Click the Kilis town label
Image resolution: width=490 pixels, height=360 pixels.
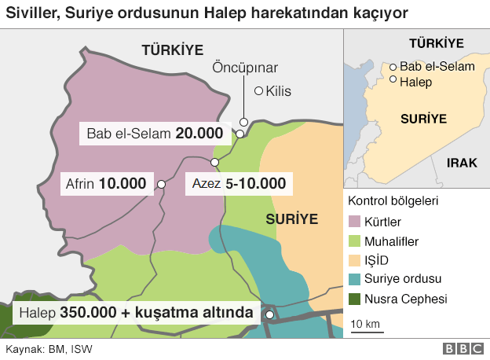pos(279,91)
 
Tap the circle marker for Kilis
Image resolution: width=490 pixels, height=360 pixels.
pos(259,90)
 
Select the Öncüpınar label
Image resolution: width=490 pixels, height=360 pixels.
pos(246,68)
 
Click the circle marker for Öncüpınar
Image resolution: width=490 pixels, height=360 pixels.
pos(244,122)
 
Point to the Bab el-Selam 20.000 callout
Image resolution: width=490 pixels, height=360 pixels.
pos(155,134)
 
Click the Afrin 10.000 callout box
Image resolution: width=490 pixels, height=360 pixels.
pos(106,184)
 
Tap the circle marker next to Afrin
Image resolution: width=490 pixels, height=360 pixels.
pos(160,184)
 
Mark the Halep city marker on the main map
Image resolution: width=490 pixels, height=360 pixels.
pos(269,314)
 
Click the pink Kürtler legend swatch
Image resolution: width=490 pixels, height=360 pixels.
pos(354,222)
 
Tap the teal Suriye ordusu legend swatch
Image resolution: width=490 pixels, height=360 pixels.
pos(354,279)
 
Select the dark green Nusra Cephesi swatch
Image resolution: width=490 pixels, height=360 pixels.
pos(354,299)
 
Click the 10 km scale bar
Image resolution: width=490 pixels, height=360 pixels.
pos(366,329)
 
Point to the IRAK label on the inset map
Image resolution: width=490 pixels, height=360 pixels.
pos(462,162)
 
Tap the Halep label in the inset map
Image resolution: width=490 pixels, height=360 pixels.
pos(416,80)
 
